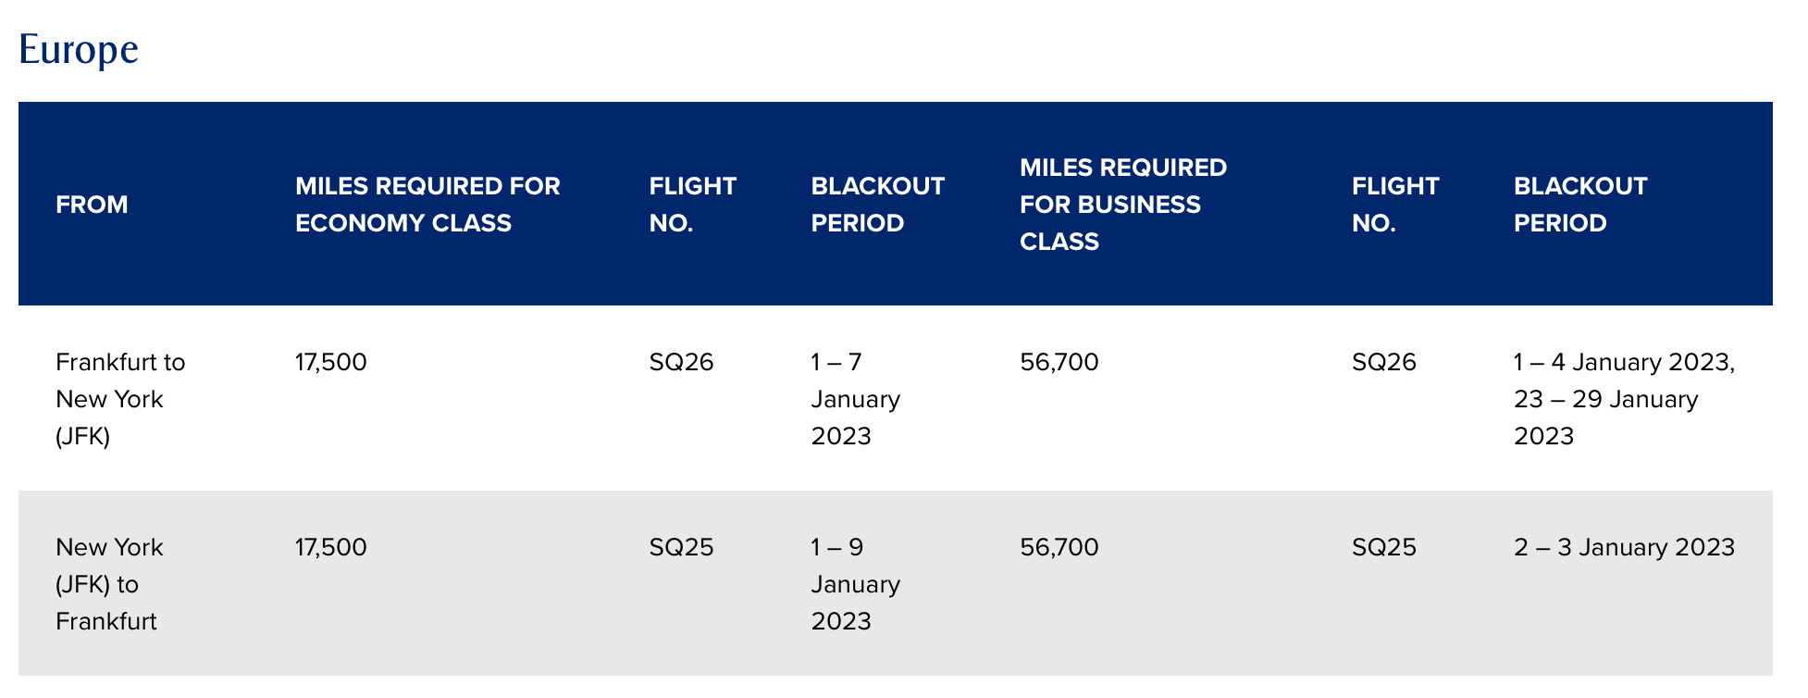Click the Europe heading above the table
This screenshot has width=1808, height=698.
tap(79, 49)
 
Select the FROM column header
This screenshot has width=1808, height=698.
tap(92, 205)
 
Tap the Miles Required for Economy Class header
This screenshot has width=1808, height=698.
tap(427, 205)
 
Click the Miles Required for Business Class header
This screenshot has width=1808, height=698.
tap(1123, 205)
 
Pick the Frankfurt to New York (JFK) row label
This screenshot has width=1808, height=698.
tap(120, 399)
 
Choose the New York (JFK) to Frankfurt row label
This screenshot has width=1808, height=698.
tap(109, 584)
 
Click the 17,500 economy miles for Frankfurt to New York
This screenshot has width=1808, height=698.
tap(331, 362)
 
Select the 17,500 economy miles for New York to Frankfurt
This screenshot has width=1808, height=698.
tap(331, 547)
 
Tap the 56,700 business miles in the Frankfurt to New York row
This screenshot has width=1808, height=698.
tap(1059, 362)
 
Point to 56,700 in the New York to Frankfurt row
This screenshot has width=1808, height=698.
tap(1059, 547)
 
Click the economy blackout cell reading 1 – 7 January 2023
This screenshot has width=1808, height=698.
tap(856, 399)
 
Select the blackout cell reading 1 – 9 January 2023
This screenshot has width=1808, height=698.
tap(856, 584)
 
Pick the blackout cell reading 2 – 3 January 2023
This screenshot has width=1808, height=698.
tap(1624, 547)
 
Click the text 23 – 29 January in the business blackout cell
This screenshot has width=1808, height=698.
tap(1606, 399)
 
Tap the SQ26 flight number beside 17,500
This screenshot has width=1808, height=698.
tap(682, 362)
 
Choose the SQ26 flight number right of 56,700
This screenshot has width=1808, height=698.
tap(1384, 362)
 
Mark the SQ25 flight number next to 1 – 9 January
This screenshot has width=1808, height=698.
tap(682, 547)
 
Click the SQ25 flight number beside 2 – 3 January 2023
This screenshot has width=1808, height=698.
tap(1384, 547)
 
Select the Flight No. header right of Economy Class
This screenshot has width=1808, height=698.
tap(693, 205)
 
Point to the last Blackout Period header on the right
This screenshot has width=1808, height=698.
tap(1580, 205)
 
